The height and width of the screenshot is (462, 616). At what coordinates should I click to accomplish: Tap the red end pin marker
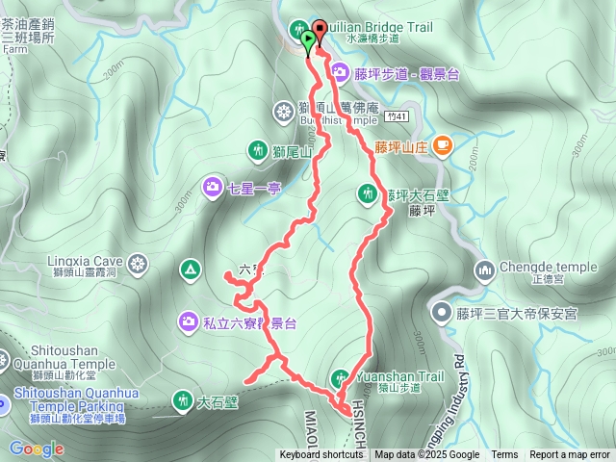(320, 31)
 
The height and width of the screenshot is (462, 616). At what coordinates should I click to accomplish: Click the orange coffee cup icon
(442, 146)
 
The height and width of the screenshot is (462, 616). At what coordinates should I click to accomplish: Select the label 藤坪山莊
(400, 147)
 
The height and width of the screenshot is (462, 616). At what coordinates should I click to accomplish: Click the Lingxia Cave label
(86, 261)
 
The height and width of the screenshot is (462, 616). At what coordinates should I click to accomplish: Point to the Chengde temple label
(536, 267)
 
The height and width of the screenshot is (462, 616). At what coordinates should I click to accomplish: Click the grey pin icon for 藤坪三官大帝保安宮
(441, 312)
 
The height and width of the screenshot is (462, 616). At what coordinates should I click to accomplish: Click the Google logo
(37, 449)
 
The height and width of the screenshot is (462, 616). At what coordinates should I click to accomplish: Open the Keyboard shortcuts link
(322, 455)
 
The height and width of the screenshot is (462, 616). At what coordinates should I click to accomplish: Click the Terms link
(504, 455)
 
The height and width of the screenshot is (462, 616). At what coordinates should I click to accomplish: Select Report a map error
(570, 455)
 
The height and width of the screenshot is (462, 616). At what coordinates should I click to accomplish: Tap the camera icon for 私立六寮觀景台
(191, 320)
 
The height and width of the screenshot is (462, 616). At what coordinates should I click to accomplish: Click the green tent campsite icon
(191, 269)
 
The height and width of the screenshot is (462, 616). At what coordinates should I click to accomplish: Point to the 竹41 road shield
(389, 115)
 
